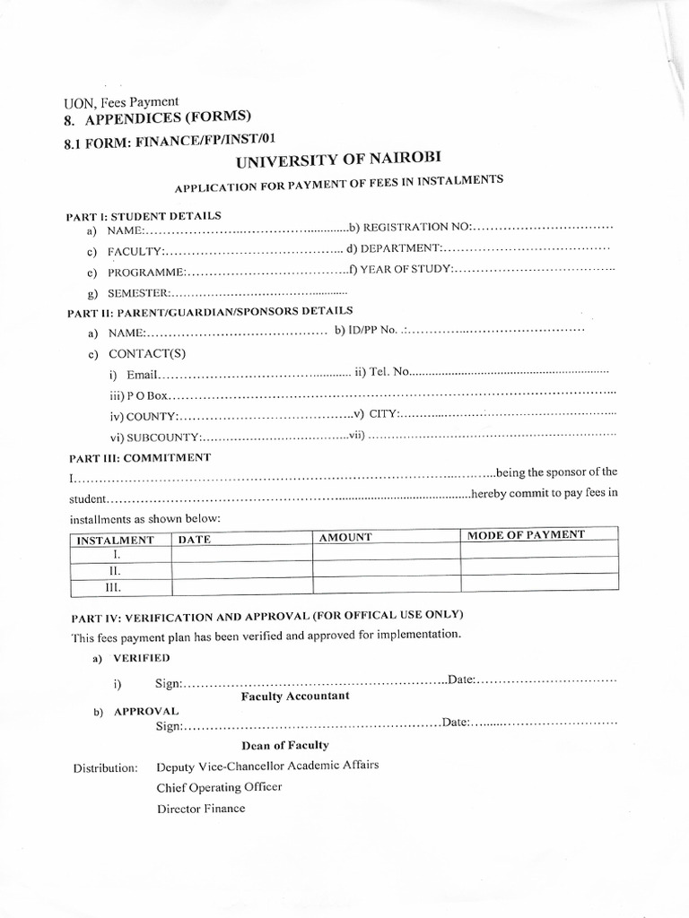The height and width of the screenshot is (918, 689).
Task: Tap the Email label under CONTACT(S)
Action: tap(142, 374)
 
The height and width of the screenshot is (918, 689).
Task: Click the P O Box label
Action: tap(139, 395)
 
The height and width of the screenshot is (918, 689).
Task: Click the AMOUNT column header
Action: tap(345, 537)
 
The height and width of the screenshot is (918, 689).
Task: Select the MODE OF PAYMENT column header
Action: tap(526, 534)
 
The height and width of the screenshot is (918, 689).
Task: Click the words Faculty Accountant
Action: tap(295, 696)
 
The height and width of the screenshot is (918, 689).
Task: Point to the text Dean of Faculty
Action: tap(285, 745)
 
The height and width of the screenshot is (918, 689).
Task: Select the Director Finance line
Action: tap(200, 808)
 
